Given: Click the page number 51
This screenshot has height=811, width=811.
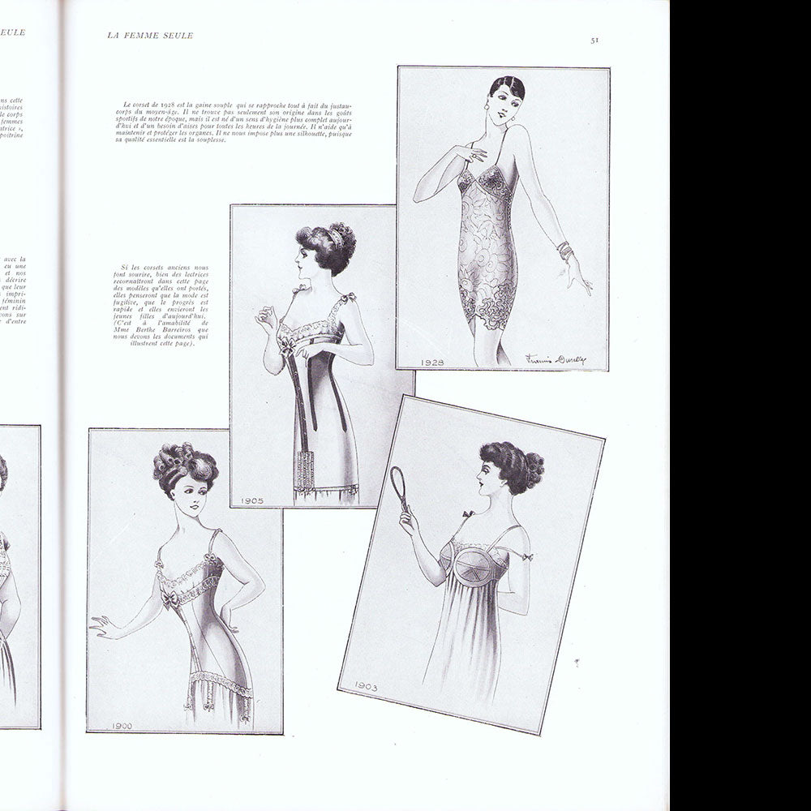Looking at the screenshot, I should pos(594,39).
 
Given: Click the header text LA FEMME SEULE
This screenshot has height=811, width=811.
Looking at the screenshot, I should pos(150,34).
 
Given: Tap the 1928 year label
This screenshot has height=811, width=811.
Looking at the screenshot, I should pos(431,362).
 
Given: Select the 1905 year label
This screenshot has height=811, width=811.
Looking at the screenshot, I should pos(251,500).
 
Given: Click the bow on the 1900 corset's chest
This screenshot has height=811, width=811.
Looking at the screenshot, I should pos(169,598).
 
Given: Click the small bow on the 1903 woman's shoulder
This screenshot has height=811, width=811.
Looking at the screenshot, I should pos(468,513).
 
